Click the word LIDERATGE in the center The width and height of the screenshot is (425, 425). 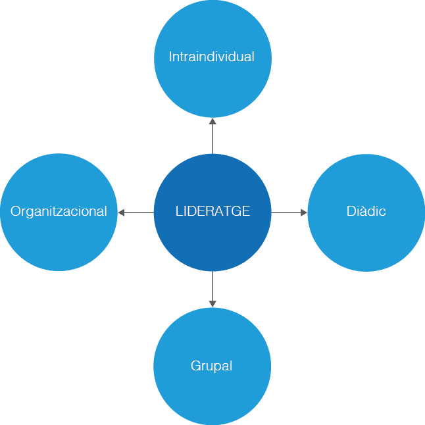[x=213, y=212]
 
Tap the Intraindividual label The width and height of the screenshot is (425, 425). [x=211, y=57]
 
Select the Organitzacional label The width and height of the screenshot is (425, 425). [x=59, y=212]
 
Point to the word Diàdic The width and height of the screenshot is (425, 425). [x=366, y=212]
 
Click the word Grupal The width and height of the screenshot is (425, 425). [x=211, y=366]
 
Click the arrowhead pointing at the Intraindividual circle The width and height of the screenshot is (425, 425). [x=213, y=121]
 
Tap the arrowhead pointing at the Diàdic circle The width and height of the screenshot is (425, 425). [x=304, y=213]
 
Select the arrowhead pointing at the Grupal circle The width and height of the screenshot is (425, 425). [x=213, y=303]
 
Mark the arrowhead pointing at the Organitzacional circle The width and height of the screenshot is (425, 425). [x=122, y=213]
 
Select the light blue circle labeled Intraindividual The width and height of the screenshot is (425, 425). [x=213, y=86]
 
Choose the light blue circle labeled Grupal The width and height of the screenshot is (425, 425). [x=213, y=395]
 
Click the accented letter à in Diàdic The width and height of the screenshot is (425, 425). [x=360, y=212]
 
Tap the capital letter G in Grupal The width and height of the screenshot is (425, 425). [x=195, y=366]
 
